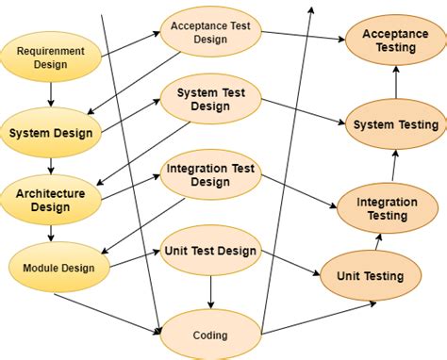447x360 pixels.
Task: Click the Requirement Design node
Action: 51,57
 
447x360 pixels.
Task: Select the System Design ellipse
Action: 51,133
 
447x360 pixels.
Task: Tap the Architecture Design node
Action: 50,200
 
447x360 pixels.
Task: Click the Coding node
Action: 208,335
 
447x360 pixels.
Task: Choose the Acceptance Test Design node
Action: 210,32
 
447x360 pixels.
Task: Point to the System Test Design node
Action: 210,99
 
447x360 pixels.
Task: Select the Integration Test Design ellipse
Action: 210,175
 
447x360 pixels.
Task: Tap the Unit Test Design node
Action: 210,250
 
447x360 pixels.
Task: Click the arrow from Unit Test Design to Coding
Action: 210,292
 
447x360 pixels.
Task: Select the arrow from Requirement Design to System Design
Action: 51,94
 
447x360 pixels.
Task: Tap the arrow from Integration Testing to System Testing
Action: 389,167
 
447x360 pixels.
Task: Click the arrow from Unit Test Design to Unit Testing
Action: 287,263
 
